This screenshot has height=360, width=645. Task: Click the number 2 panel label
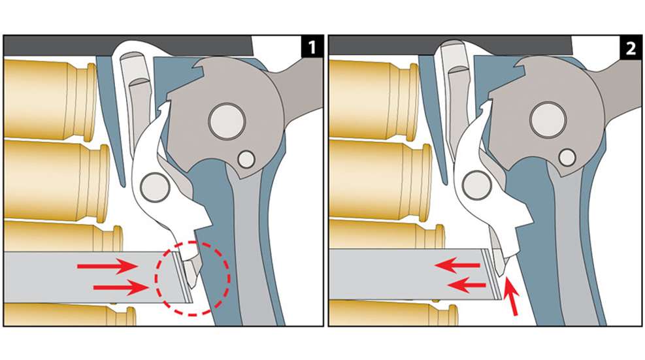630,47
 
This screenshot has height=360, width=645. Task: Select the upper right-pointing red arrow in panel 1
108,266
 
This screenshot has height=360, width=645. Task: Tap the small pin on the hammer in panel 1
246,158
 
